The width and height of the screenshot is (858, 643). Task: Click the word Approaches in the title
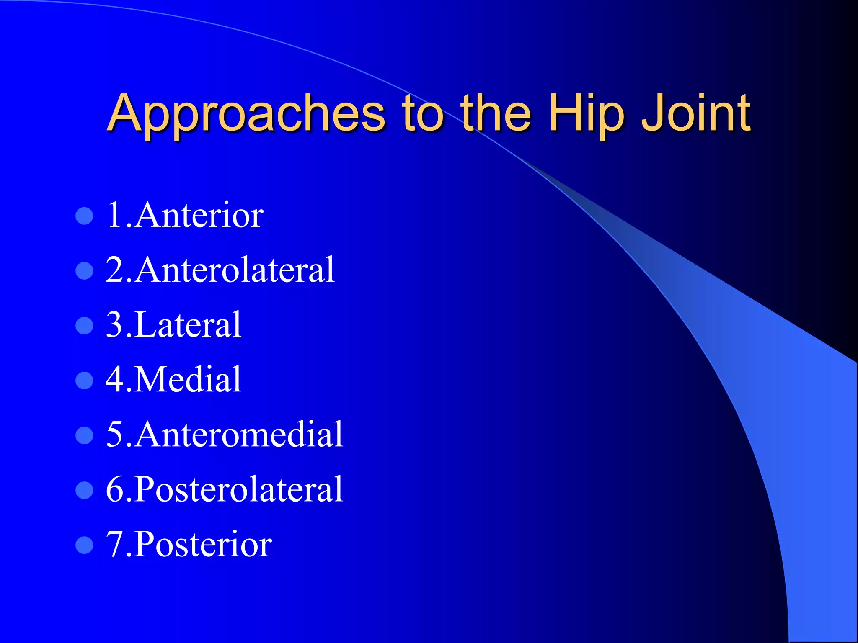(246, 114)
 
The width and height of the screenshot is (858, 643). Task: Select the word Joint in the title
(697, 114)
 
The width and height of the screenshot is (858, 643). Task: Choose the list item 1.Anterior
(185, 215)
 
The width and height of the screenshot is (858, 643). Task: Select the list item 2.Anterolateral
(220, 270)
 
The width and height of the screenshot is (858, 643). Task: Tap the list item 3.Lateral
(173, 325)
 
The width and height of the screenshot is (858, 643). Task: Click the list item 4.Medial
(173, 380)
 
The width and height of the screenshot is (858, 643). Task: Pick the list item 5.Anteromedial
(225, 435)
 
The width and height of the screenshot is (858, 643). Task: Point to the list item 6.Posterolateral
(225, 489)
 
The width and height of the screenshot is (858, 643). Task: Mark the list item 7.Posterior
(189, 544)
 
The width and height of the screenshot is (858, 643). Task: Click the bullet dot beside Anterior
(84, 216)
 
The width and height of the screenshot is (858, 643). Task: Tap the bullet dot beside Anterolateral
(84, 271)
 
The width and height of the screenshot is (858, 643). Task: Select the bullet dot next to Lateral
(84, 326)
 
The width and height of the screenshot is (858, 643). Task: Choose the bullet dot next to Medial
(84, 381)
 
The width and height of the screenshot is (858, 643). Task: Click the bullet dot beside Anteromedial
(84, 435)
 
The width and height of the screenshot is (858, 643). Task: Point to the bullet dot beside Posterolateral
(84, 490)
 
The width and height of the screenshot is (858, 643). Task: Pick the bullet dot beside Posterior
(84, 545)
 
